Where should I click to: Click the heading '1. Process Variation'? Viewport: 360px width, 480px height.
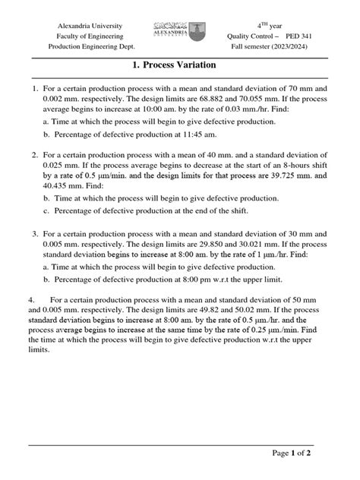tap(180, 65)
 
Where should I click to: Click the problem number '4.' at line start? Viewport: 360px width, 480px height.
tap(32, 298)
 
